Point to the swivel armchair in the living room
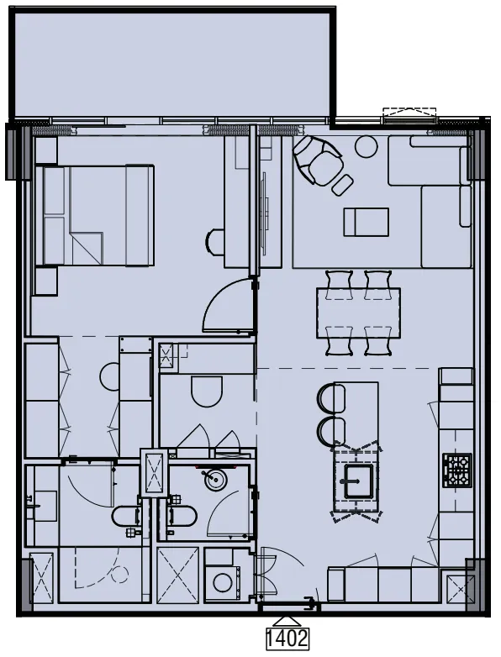317,159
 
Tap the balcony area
174,63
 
